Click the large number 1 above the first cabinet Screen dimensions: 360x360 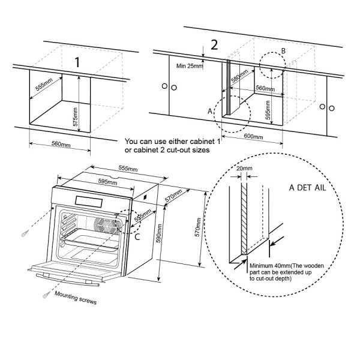77,62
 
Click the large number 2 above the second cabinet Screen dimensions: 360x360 214,45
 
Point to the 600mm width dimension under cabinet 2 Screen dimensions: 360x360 254,137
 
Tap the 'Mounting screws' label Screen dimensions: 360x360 75,298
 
